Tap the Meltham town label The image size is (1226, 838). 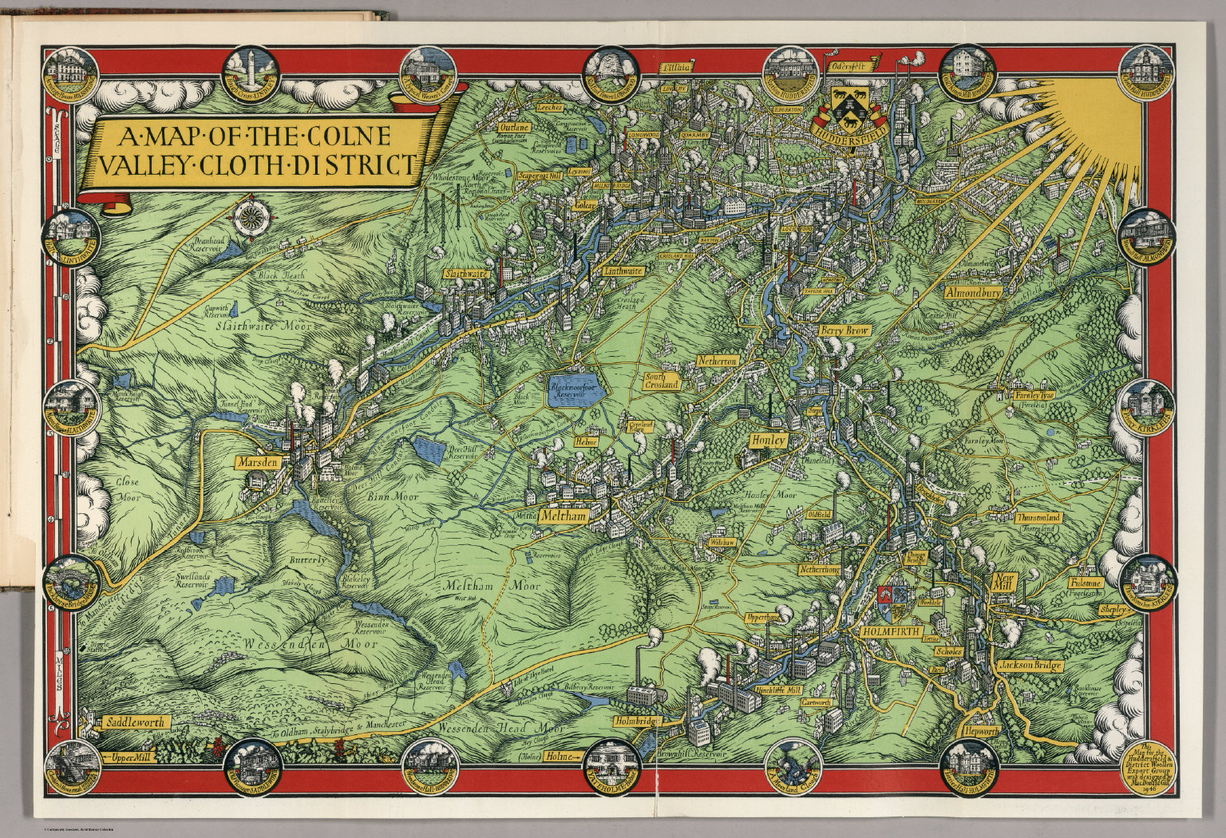click(x=564, y=516)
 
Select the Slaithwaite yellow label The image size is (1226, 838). click(x=466, y=272)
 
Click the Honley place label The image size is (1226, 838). click(x=769, y=440)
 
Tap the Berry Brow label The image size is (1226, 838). click(x=844, y=330)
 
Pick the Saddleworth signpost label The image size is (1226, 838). click(x=133, y=722)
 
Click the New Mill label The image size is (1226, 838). click(x=1003, y=583)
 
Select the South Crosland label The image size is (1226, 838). click(x=662, y=380)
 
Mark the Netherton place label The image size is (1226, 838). click(x=717, y=362)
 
